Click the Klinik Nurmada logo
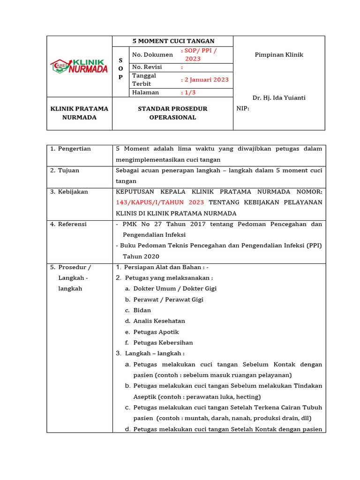(x=79, y=66)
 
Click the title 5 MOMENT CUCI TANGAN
(x=172, y=41)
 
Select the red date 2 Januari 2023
(x=206, y=80)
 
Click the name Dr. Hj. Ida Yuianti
(x=279, y=97)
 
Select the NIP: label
(x=243, y=108)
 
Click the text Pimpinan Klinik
(x=279, y=55)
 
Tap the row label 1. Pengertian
(x=71, y=149)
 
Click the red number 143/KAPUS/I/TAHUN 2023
(x=160, y=202)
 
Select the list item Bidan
(x=142, y=310)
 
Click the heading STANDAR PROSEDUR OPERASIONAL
(x=172, y=113)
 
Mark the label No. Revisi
(x=147, y=67)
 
